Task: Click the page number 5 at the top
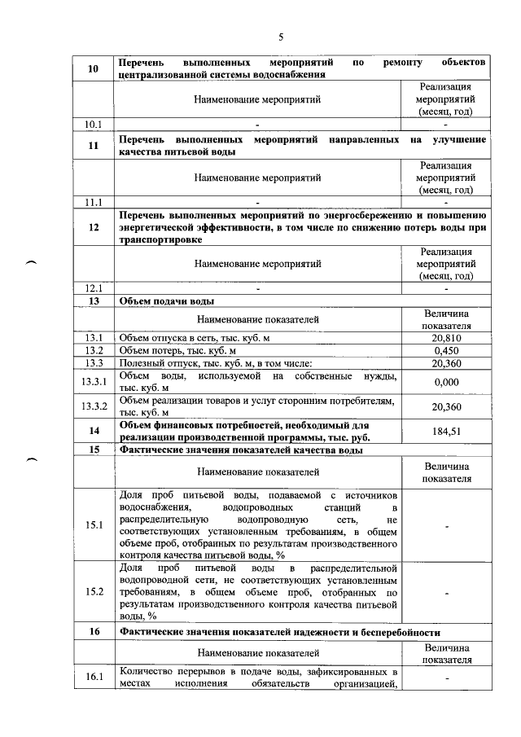[281, 37]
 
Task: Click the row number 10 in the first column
[94, 68]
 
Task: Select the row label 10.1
[94, 125]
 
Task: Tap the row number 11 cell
[94, 146]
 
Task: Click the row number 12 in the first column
[94, 228]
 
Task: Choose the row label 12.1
[94, 288]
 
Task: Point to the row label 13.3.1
[94, 382]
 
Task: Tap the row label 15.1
[94, 525]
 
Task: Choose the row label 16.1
[94, 678]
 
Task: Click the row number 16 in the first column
[94, 632]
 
